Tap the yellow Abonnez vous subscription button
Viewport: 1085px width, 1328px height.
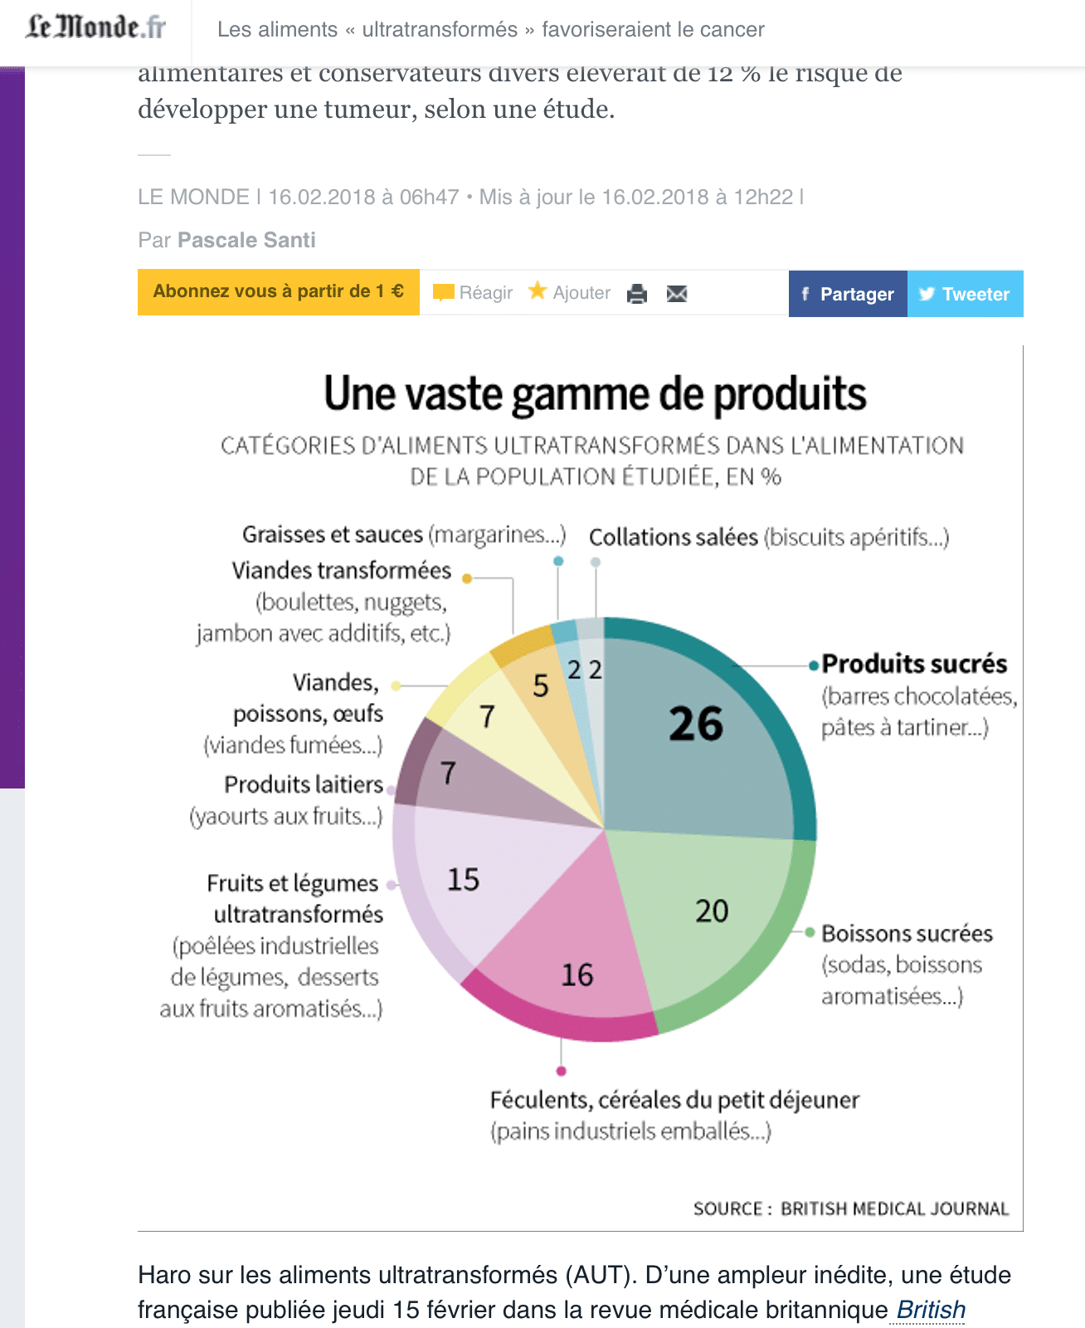click(279, 291)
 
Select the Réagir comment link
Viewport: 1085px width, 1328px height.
click(474, 293)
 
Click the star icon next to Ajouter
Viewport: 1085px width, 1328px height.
click(538, 290)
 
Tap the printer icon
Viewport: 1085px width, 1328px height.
click(637, 294)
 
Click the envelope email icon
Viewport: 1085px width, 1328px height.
click(677, 294)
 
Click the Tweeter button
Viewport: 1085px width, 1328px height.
click(965, 294)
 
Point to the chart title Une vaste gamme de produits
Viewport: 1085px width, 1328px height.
click(595, 394)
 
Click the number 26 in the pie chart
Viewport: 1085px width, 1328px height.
click(696, 724)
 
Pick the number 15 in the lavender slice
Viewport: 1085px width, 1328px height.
click(463, 880)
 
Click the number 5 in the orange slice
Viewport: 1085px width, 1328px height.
click(541, 686)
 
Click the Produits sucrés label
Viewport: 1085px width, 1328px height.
click(914, 664)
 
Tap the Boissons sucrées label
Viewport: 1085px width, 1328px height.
click(907, 934)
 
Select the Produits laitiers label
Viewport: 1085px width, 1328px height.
click(304, 784)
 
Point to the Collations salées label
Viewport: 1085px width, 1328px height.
click(674, 538)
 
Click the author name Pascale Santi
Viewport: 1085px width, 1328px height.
click(246, 241)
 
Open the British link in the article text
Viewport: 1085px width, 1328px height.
click(931, 1310)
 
